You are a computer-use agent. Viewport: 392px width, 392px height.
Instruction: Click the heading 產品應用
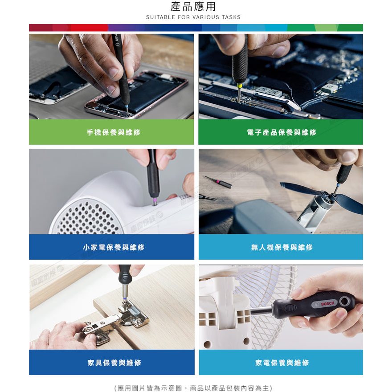pos(193,7)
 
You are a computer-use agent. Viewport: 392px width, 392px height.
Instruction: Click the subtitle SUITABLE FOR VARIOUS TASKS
pos(193,17)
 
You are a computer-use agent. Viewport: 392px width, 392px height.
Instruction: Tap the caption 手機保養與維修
pos(114,132)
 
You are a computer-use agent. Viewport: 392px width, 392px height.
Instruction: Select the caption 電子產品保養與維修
pos(282,132)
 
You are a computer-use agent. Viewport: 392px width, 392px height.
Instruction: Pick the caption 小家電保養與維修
pos(114,247)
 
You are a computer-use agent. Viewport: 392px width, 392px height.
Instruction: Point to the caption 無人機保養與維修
pos(282,247)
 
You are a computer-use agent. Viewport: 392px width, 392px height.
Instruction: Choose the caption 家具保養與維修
pos(114,363)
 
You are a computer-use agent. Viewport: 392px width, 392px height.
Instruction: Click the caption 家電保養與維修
pos(282,363)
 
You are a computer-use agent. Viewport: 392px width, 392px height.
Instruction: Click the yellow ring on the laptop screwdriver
pos(240,86)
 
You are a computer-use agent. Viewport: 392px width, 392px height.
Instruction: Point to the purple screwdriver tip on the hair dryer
pos(155,201)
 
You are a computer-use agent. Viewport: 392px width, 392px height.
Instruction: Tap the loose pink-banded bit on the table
pos(218,181)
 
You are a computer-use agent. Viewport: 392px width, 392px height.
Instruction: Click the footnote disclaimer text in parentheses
pos(193,388)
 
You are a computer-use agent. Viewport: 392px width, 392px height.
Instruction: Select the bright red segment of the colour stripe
pos(89,28)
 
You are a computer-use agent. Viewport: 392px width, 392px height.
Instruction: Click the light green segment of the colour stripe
pos(326,28)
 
